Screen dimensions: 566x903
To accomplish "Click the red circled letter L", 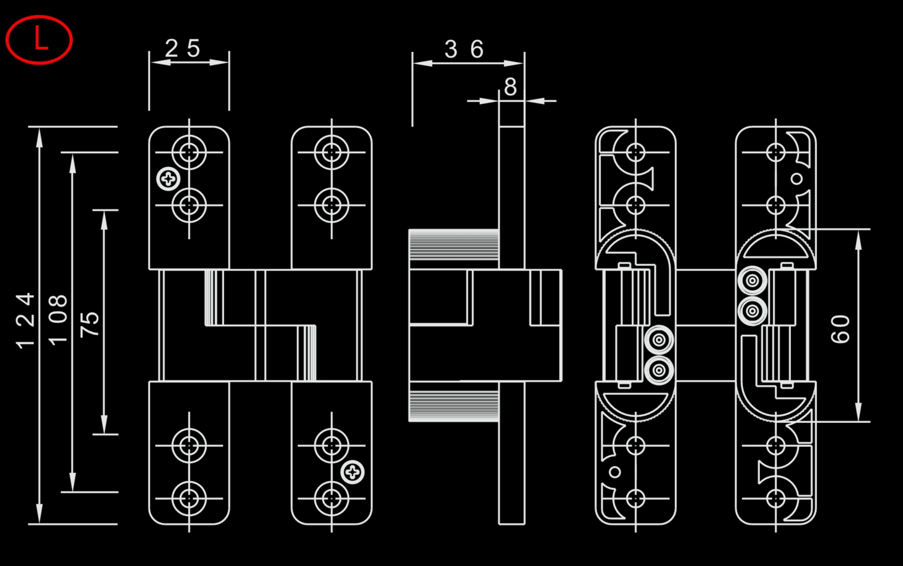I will coord(39,40).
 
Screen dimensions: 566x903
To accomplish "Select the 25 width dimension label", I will coord(182,48).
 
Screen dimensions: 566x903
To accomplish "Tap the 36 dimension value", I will coord(464,49).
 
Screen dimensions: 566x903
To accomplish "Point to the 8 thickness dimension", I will coord(510,87).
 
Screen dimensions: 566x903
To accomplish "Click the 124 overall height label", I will coord(26,320).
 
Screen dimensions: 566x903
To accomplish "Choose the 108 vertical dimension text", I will coord(58,319).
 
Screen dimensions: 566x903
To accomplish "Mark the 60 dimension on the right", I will coord(840,329).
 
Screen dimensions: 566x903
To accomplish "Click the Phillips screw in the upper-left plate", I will coord(168,180).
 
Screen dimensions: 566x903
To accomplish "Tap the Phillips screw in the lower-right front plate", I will coord(353,472).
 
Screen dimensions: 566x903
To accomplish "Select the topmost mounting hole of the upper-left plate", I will coord(189,153).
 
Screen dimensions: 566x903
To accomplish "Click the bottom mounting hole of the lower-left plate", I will coord(189,498).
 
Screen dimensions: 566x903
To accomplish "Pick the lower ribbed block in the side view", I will coord(453,405).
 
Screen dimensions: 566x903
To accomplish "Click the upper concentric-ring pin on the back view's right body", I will coord(752,281).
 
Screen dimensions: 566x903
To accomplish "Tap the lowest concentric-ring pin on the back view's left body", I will coord(659,370).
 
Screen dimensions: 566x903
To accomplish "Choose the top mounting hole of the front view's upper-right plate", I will coord(331,153).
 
